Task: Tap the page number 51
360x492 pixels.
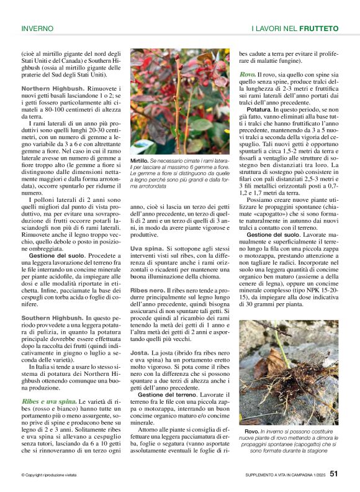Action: tap(333, 475)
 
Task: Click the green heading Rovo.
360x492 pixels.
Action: tap(247, 75)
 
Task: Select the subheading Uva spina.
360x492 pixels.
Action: tap(146, 248)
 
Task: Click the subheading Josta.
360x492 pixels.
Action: tap(140, 353)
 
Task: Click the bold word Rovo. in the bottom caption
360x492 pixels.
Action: tap(253, 430)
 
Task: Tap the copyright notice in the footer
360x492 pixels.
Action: tap(49, 475)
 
